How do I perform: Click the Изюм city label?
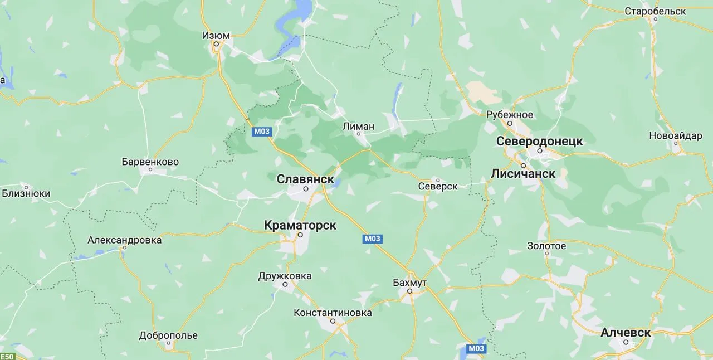pos(216,36)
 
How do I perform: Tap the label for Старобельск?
pos(655,11)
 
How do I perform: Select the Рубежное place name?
pos(509,115)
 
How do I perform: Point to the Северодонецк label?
pos(539,142)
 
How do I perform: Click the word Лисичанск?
pos(523,174)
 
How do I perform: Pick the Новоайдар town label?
pos(676,136)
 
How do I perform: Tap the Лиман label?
pos(358,127)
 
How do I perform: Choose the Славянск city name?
pos(305,179)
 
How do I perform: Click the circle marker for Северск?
pos(438,180)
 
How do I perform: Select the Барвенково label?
pos(150,162)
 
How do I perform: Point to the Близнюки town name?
pos(26,194)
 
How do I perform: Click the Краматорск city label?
pos(300,225)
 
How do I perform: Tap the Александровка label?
pos(124,240)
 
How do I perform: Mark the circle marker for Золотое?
pos(546,254)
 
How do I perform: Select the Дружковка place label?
pos(285,276)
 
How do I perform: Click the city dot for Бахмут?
pos(409,291)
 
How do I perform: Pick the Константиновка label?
pos(333,313)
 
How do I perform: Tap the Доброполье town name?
pos(168,335)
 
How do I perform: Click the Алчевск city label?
pos(626,333)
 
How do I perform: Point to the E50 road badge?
pos(7,356)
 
